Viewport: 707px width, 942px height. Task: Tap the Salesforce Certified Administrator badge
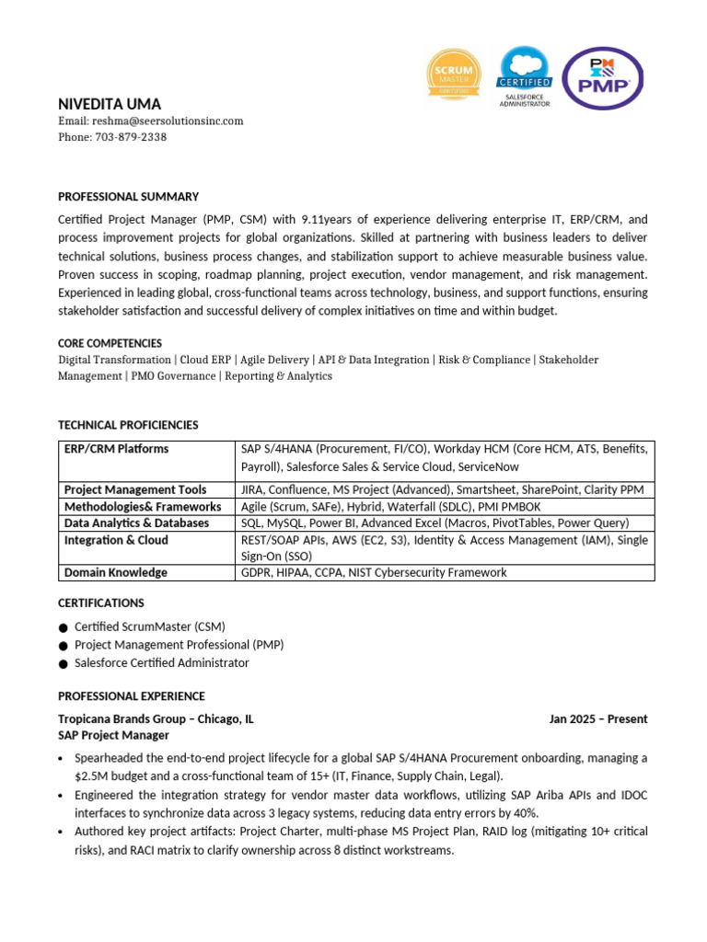pyautogui.click(x=524, y=77)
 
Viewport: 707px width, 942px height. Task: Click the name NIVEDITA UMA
pyautogui.click(x=110, y=104)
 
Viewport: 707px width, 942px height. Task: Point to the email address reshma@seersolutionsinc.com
pyautogui.click(x=168, y=121)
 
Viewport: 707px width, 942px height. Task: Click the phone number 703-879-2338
pyautogui.click(x=130, y=137)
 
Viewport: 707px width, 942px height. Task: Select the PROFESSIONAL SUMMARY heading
pyautogui.click(x=128, y=197)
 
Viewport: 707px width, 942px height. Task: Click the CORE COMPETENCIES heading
pyautogui.click(x=110, y=343)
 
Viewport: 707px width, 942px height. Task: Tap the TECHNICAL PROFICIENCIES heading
pyautogui.click(x=128, y=425)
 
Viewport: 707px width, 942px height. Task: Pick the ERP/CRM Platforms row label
pyautogui.click(x=116, y=449)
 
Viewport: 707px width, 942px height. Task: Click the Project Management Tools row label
pyautogui.click(x=135, y=489)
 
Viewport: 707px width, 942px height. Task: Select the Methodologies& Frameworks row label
pyautogui.click(x=143, y=506)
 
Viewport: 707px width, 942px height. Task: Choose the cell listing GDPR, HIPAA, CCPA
pyautogui.click(x=374, y=572)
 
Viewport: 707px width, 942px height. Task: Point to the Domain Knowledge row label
pyautogui.click(x=116, y=572)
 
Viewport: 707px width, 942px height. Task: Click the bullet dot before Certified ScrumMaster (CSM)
pyautogui.click(x=63, y=627)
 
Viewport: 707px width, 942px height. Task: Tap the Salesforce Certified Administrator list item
pyautogui.click(x=161, y=662)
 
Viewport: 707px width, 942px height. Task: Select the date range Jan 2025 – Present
pyautogui.click(x=598, y=719)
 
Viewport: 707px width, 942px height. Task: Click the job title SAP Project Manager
pyautogui.click(x=113, y=735)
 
